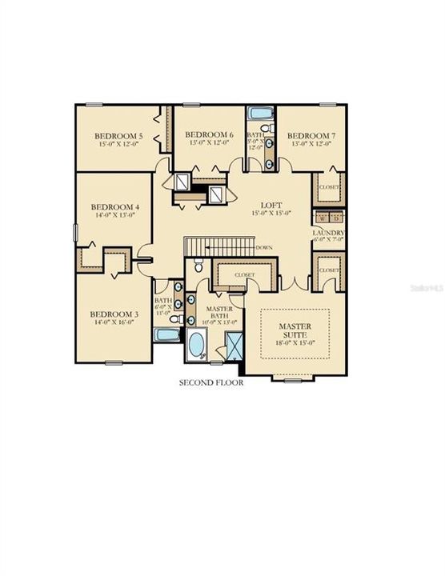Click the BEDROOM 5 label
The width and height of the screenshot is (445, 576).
pyautogui.click(x=118, y=137)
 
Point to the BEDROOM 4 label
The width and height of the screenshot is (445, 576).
pyautogui.click(x=114, y=206)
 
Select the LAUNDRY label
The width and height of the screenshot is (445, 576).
pyautogui.click(x=329, y=234)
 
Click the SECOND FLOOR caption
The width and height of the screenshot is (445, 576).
pyautogui.click(x=210, y=382)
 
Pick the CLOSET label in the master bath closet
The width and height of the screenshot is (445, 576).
pyautogui.click(x=245, y=274)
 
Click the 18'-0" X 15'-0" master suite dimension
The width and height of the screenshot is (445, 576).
pyautogui.click(x=295, y=342)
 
